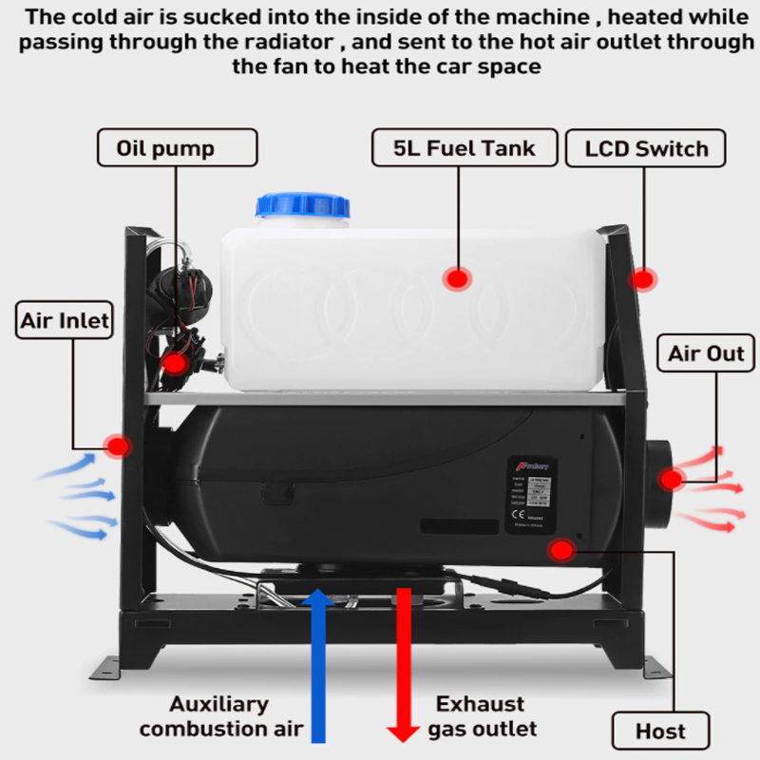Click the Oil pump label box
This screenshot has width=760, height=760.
coord(178,148)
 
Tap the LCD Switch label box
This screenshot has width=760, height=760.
coord(647,149)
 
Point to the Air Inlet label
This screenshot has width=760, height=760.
coord(65,320)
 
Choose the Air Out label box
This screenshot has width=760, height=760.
coord(707,353)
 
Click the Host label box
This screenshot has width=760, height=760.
coord(660,731)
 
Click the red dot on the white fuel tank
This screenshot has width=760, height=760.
coord(458,279)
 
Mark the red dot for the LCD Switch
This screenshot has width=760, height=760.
coord(643,279)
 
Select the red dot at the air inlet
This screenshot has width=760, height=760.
coord(118,446)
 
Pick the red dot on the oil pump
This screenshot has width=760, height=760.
coord(174,362)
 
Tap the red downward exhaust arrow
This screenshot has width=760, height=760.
coord(404,665)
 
